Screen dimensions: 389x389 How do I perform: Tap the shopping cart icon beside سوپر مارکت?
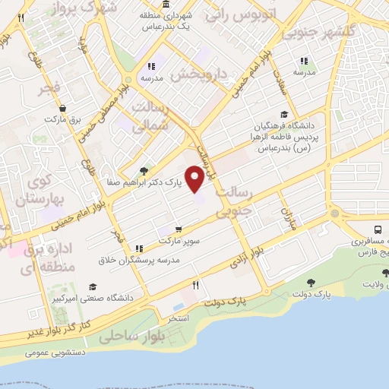[x=178, y=229]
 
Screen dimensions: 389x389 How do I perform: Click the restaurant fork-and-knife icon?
[x=195, y=285]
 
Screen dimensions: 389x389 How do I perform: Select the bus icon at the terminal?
[x=378, y=229]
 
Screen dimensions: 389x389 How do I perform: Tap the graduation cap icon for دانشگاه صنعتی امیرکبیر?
[x=93, y=286]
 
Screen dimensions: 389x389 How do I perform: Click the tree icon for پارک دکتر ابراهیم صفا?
[x=144, y=171]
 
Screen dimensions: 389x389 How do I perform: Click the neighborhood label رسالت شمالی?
[x=148, y=118]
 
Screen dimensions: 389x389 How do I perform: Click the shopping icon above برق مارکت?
[x=62, y=108]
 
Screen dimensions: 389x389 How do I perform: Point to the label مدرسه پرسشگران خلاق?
[x=138, y=260]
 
